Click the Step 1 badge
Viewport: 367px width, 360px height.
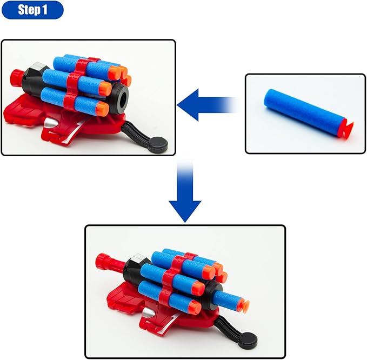click(x=32, y=10)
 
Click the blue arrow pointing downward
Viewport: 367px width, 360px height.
click(x=185, y=200)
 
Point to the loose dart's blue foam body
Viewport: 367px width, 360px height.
click(x=301, y=111)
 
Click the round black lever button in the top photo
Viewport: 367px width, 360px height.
click(x=158, y=144)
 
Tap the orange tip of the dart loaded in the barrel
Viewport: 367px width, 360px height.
click(x=245, y=306)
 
